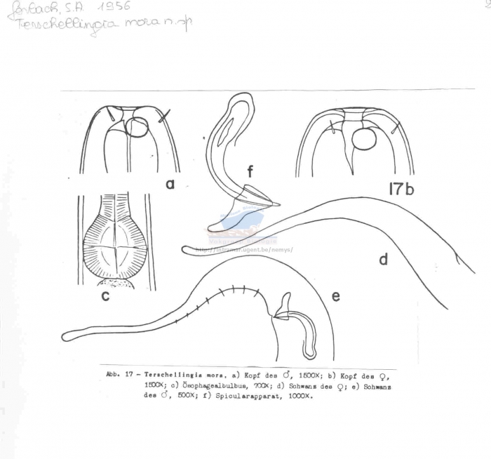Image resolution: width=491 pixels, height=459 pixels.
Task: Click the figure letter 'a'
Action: pos(169,184)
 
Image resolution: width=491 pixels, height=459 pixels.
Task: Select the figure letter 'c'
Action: pos(105,295)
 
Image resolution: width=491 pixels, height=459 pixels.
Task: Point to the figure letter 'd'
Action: pos(383,260)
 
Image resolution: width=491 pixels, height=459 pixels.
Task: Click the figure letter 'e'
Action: pos(335,296)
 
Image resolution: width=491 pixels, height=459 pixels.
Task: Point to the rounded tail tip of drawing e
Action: pos(66,336)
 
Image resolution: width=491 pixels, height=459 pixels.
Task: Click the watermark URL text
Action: pos(243,249)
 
